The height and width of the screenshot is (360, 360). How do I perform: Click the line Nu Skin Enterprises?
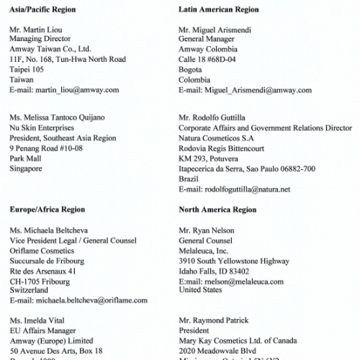[x=43, y=127]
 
